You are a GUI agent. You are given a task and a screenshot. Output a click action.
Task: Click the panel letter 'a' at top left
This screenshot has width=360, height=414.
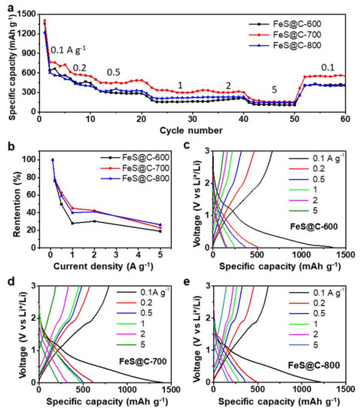pyautogui.click(x=6, y=6)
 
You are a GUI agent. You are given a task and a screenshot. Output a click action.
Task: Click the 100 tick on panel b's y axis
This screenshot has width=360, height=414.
pyautogui.click(x=30, y=160)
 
